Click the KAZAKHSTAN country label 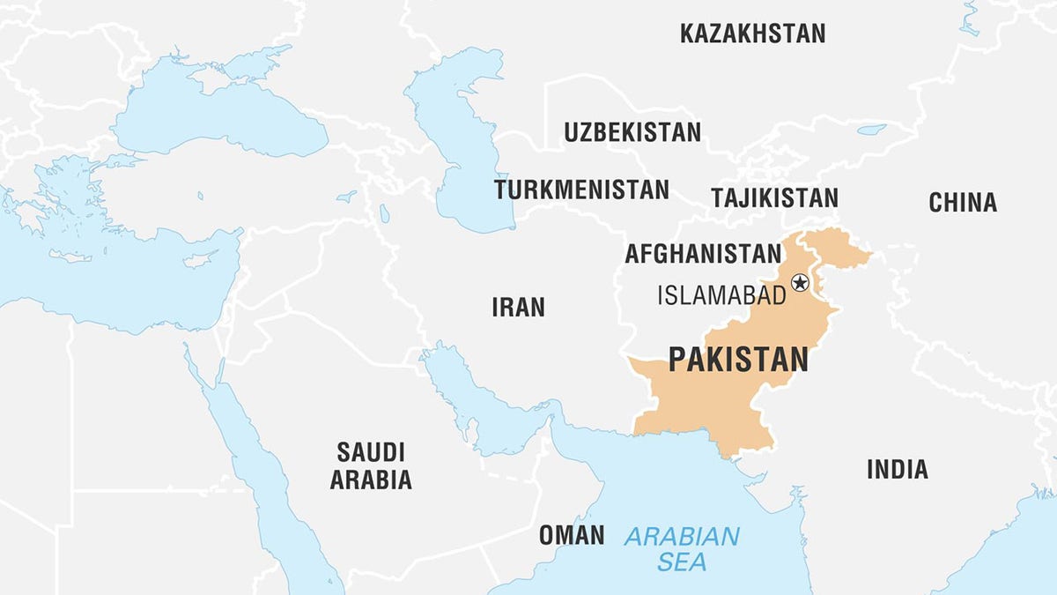click(752, 34)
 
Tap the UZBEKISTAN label click(632, 133)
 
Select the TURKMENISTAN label click(581, 190)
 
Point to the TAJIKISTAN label click(774, 197)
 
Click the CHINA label click(963, 203)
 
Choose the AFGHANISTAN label click(702, 254)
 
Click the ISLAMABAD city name click(721, 295)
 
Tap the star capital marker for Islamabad click(800, 283)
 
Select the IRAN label click(518, 308)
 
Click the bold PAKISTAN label click(738, 360)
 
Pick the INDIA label click(897, 469)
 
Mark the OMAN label click(572, 535)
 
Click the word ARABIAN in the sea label click(682, 536)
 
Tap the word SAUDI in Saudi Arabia click(371, 453)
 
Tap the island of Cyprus click(198, 260)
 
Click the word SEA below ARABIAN click(681, 562)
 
